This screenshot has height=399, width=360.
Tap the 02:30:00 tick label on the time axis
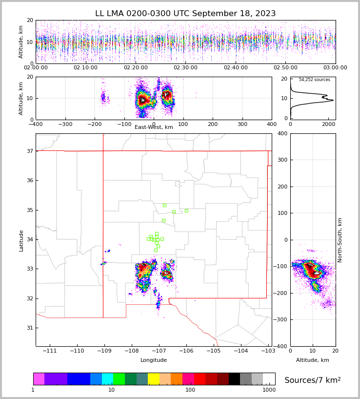pyautogui.click(x=185, y=68)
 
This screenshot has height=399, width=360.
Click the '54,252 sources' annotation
pyautogui.click(x=314, y=80)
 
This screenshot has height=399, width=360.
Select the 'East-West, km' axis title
pyautogui.click(x=154, y=127)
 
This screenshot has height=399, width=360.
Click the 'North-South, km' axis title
pyautogui.click(x=340, y=240)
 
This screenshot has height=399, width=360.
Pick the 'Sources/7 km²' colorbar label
pyautogui.click(x=313, y=380)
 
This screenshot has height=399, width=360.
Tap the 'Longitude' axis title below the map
pyautogui.click(x=154, y=360)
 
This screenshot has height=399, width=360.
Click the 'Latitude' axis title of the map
pyautogui.click(x=21, y=240)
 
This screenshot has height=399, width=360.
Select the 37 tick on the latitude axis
pyautogui.click(x=29, y=151)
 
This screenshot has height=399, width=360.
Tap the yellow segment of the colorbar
pyautogui.click(x=154, y=379)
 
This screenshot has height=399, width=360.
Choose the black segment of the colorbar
pyautogui.click(x=234, y=379)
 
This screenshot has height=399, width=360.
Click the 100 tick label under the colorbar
pyautogui.click(x=190, y=390)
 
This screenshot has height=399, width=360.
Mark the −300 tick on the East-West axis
pyautogui.click(x=65, y=124)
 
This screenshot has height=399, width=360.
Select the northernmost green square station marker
pyautogui.click(x=164, y=205)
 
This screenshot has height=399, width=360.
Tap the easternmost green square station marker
pyautogui.click(x=186, y=210)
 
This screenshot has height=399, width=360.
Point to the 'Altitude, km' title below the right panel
pyautogui.click(x=313, y=360)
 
